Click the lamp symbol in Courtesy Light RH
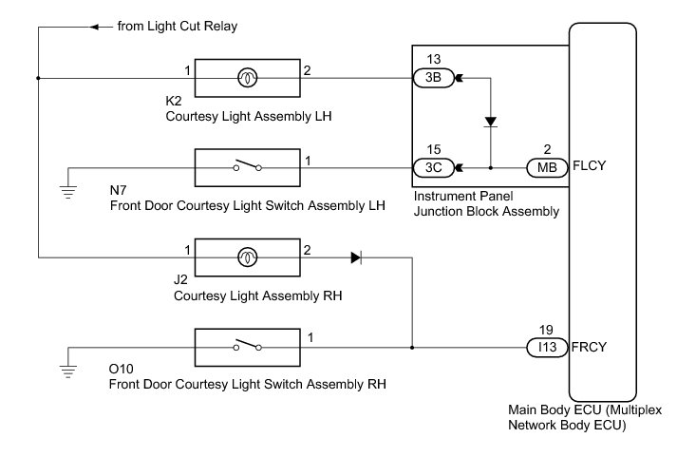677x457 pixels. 246,257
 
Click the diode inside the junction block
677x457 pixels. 490,123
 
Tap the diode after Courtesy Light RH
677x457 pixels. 355,257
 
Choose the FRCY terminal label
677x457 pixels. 590,348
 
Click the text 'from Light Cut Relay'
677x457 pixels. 177,27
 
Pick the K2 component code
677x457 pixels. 174,101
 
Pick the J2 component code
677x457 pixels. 181,280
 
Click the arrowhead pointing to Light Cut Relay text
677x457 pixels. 94,27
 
